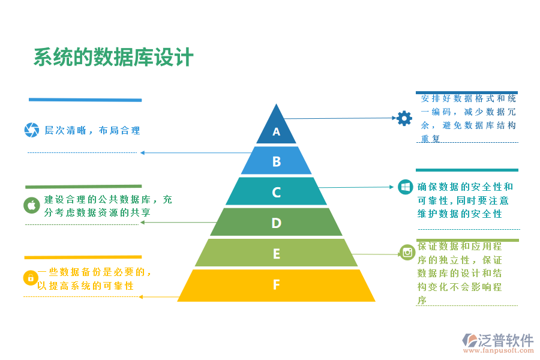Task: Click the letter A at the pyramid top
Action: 277,131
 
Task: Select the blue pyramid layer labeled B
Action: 277,161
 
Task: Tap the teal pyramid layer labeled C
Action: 277,192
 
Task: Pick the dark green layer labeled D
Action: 277,223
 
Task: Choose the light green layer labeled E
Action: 277,253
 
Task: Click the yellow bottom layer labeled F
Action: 277,285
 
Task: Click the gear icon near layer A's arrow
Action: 404,118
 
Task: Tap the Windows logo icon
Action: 406,187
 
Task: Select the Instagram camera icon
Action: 408,252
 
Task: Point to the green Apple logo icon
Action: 32,205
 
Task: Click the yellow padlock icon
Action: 31,278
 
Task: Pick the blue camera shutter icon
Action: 31,130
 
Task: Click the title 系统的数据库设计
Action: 113,58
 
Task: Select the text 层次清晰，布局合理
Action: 92,130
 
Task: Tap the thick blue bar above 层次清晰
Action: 85,100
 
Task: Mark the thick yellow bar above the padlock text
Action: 83,257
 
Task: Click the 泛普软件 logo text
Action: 505,340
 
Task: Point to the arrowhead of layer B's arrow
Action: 142,152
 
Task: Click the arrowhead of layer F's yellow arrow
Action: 140,296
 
